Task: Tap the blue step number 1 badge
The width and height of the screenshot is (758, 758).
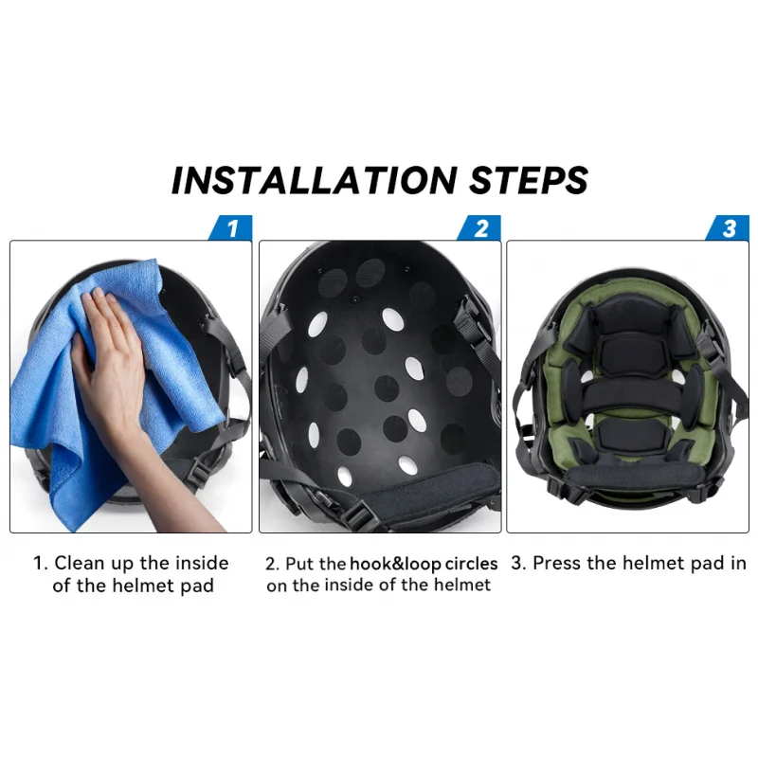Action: click(x=231, y=228)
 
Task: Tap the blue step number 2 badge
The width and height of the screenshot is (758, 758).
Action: click(x=479, y=228)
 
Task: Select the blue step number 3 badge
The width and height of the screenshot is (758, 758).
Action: click(x=728, y=228)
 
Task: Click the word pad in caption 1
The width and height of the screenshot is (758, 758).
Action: click(x=196, y=586)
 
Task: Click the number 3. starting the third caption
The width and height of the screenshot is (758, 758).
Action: click(x=517, y=564)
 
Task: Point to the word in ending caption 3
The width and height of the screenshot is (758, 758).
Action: click(x=737, y=564)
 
